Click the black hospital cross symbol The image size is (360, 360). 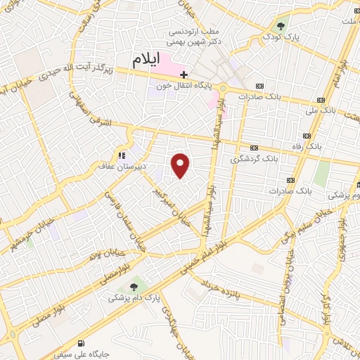(184, 74)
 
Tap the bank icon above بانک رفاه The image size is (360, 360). (307, 136)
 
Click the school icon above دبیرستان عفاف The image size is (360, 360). (122, 155)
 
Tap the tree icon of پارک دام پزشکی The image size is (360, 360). (134, 286)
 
